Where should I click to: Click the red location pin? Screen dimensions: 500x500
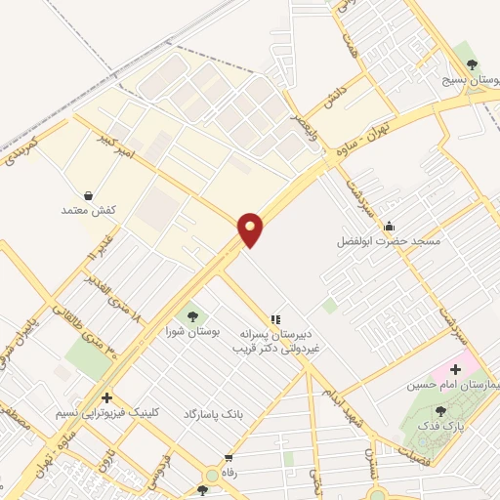[251, 229]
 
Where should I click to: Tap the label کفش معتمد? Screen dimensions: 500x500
[89, 210]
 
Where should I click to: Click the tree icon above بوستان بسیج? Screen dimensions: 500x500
[473, 64]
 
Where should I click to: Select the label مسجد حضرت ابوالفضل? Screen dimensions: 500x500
[389, 240]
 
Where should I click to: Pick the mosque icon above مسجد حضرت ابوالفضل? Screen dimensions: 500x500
[389, 226]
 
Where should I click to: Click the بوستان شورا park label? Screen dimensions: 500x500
[191, 332]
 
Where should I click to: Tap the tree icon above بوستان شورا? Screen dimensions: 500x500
[191, 316]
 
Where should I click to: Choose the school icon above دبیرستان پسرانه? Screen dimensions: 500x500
[275, 318]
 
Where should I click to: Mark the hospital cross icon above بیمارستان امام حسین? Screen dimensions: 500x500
[455, 369]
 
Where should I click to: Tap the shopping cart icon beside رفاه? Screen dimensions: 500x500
[229, 458]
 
